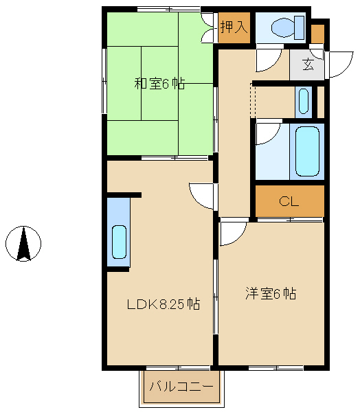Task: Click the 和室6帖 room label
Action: pos(159,84)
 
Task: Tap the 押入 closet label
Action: pos(234,27)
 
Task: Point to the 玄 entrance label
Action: pos(308,65)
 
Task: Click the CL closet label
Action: pos(289,201)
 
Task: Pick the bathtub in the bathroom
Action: pos(307,151)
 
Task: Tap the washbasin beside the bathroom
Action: pos(304,102)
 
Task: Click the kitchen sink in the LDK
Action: pos(119,242)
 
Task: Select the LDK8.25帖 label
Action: pos(164,304)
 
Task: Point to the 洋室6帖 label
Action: pos(271,293)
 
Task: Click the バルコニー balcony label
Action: pos(181,387)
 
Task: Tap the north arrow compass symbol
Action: pos(23,244)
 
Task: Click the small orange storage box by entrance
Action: pos(317,34)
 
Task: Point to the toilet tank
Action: pos(300,27)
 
